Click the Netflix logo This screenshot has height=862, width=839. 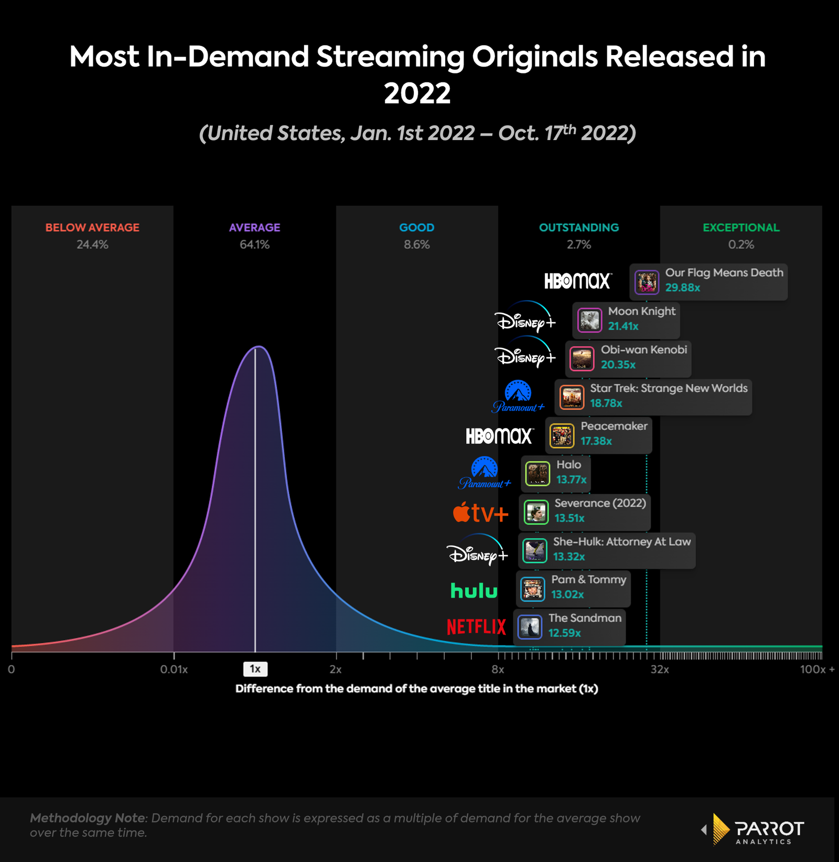click(x=476, y=626)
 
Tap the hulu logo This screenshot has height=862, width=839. click(x=474, y=591)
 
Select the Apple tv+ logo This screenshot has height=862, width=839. click(x=480, y=513)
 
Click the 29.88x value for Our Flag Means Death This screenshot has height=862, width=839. click(x=682, y=288)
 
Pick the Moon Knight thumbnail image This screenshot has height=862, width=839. click(x=589, y=320)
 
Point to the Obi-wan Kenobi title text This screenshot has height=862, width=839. click(x=643, y=350)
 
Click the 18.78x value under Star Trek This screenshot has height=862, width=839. click(x=606, y=403)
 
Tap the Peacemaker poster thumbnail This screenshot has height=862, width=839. click(x=562, y=435)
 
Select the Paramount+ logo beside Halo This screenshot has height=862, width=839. click(x=485, y=473)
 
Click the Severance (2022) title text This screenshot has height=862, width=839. click(x=600, y=503)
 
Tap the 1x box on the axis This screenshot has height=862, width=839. click(x=255, y=669)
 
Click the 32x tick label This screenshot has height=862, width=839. click(x=659, y=669)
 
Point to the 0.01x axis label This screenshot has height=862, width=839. click(x=174, y=669)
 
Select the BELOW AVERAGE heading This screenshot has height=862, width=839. click(x=92, y=228)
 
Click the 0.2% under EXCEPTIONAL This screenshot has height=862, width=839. click(x=740, y=244)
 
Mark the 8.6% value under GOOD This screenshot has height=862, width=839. click(x=416, y=244)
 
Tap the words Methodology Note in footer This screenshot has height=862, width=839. click(x=88, y=818)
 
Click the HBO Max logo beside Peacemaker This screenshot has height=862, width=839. click(x=499, y=435)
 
